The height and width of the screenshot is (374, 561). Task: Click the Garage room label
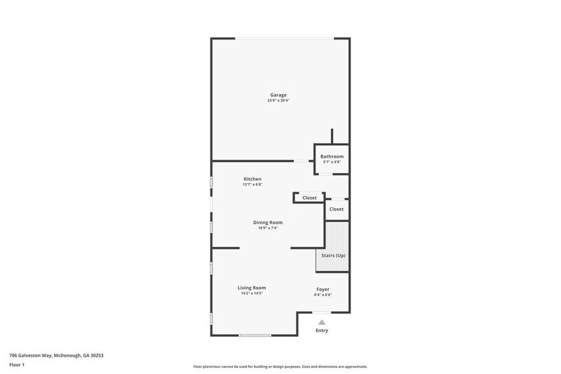278,95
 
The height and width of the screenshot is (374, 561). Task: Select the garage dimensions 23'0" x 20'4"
278,100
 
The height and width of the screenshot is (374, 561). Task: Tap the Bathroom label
331,156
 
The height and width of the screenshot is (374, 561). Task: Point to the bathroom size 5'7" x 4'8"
331,162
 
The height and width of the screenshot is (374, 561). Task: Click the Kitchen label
252,179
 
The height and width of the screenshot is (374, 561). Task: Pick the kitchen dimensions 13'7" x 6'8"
252,184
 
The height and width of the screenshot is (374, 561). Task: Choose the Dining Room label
267,222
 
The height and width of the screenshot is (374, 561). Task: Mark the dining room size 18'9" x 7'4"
267,228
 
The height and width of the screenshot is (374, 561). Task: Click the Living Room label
251,287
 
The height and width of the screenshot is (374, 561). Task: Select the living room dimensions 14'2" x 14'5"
251,293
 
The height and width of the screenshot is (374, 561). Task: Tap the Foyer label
322,289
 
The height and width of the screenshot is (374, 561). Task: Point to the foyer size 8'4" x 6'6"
322,294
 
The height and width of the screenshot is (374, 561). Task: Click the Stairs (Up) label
333,255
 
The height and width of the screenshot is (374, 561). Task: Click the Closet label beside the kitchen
309,198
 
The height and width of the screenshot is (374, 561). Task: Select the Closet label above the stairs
336,209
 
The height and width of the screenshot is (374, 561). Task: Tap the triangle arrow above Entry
322,322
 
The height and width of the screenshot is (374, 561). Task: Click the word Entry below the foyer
322,331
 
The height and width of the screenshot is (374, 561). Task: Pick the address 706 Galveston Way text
56,356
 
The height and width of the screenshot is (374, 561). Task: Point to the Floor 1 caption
17,364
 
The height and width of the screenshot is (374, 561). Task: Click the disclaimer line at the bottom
280,366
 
